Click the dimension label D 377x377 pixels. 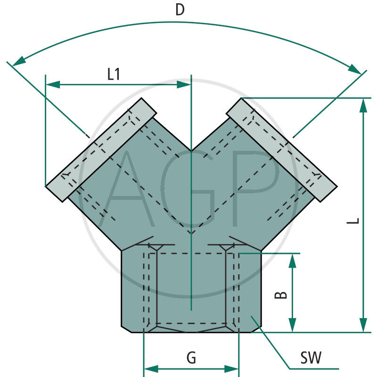[180, 10]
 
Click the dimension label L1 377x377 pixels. [114, 74]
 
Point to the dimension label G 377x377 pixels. [191, 358]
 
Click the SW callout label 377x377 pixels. [311, 358]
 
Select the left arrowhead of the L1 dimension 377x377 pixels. [52, 85]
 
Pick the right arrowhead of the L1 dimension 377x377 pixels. [184, 85]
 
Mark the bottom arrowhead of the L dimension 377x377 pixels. [363, 325]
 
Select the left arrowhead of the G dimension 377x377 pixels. [150, 369]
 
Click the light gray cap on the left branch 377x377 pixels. [101, 150]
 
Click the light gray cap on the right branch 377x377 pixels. [281, 150]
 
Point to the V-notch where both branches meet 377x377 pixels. [191, 151]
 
